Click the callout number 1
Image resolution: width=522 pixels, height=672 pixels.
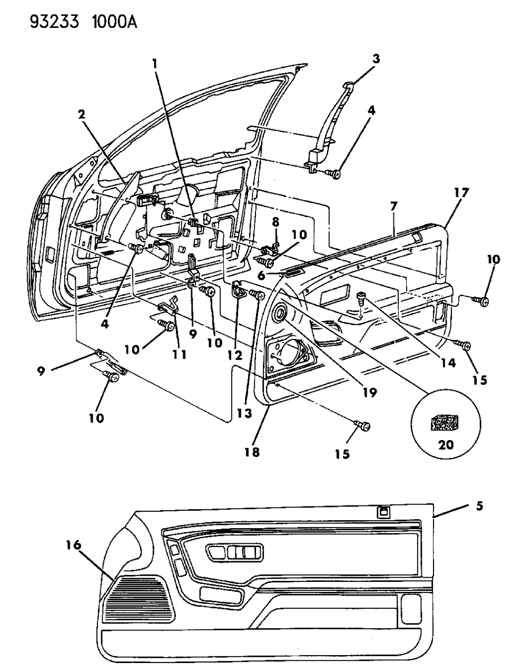pyautogui.click(x=154, y=64)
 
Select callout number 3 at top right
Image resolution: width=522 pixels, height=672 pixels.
pyautogui.click(x=376, y=60)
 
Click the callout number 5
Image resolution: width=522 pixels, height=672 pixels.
pyautogui.click(x=479, y=507)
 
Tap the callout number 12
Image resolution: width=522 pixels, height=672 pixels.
pyautogui.click(x=235, y=355)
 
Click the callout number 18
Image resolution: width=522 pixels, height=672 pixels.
pyautogui.click(x=251, y=452)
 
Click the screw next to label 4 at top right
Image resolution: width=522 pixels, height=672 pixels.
pyautogui.click(x=332, y=172)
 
